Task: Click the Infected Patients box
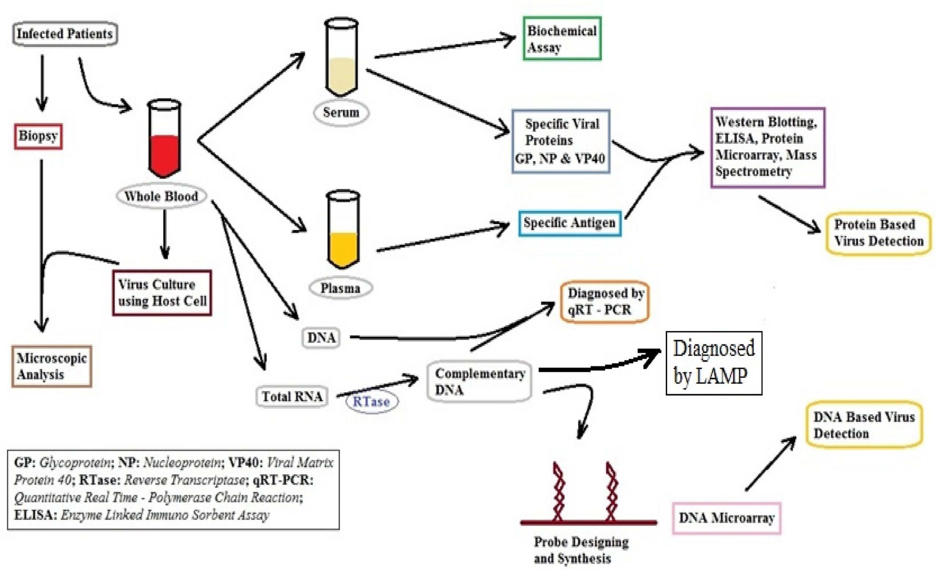(x=65, y=34)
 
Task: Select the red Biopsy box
(x=38, y=136)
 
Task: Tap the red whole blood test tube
(x=164, y=138)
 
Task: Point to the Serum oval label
(x=341, y=112)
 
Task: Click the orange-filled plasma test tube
(x=343, y=230)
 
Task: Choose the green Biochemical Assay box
(x=562, y=38)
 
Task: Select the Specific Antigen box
(x=570, y=223)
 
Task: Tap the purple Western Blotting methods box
(x=768, y=148)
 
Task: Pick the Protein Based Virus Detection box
(x=878, y=233)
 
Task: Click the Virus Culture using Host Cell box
(x=162, y=293)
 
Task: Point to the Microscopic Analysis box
(x=52, y=366)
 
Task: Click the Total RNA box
(x=292, y=397)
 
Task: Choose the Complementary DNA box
(x=479, y=382)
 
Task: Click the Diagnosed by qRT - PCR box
(x=605, y=302)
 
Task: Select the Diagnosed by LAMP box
(x=714, y=363)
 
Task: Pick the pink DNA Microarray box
(x=727, y=518)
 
